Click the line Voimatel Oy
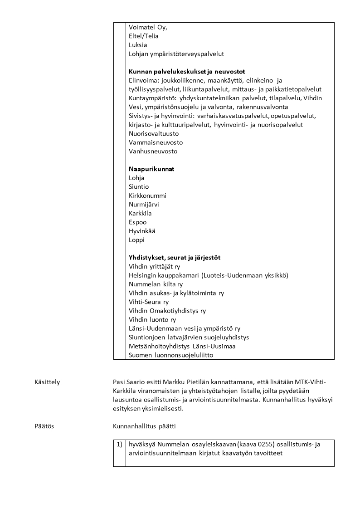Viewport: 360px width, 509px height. click(x=148, y=27)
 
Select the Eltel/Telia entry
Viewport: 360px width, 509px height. click(x=144, y=36)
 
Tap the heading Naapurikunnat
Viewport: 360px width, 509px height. click(x=151, y=169)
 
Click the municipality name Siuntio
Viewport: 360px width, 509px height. click(x=139, y=186)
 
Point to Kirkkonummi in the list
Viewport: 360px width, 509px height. click(x=147, y=196)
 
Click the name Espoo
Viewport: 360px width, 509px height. click(x=138, y=222)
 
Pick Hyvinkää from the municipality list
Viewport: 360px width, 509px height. click(x=142, y=231)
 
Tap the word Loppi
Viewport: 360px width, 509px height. click(x=136, y=240)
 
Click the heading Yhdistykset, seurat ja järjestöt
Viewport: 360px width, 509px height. click(x=175, y=258)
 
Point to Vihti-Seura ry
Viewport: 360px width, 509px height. click(x=149, y=302)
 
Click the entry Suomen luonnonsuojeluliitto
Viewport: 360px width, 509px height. click(x=171, y=355)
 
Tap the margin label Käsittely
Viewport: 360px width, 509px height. click(x=47, y=382)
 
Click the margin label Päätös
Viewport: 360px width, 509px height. click(x=44, y=426)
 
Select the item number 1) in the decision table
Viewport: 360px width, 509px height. click(x=119, y=445)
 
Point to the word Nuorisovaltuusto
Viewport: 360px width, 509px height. click(x=154, y=133)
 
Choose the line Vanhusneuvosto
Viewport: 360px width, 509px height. click(x=153, y=151)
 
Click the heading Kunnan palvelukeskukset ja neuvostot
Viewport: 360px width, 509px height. click(x=187, y=71)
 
